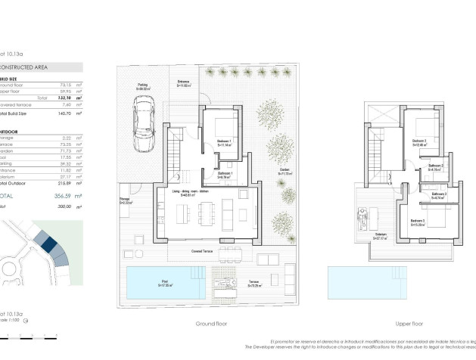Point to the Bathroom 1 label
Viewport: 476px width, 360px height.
[x=224, y=175]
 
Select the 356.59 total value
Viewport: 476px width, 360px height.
[x=64, y=195]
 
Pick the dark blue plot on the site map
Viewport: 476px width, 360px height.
[x=48, y=244]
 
